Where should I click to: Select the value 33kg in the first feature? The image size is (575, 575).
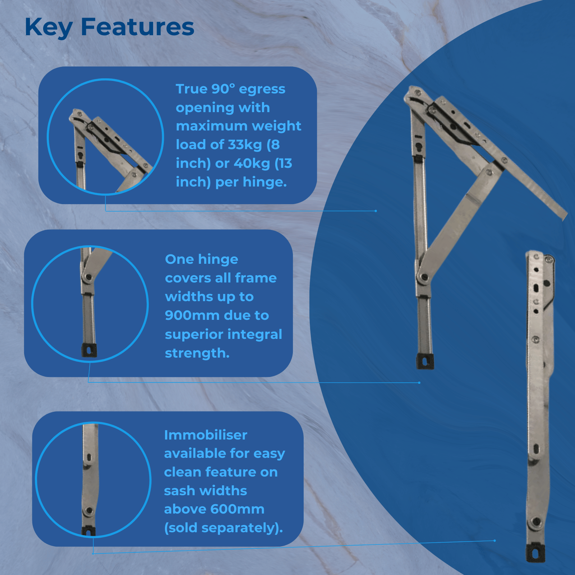(245, 144)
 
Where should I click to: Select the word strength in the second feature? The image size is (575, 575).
(195, 354)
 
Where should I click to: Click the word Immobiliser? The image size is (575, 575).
(206, 435)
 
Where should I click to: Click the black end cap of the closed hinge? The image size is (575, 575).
(536, 552)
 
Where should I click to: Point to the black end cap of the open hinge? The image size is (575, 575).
(425, 361)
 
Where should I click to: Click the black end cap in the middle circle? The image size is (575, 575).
(89, 350)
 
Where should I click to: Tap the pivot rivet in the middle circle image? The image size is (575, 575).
(88, 277)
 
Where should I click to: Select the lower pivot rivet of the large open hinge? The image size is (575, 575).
(424, 277)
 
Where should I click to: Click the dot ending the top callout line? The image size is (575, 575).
(376, 211)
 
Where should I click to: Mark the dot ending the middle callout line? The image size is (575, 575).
(419, 383)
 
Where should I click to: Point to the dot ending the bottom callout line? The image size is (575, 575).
(494, 540)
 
